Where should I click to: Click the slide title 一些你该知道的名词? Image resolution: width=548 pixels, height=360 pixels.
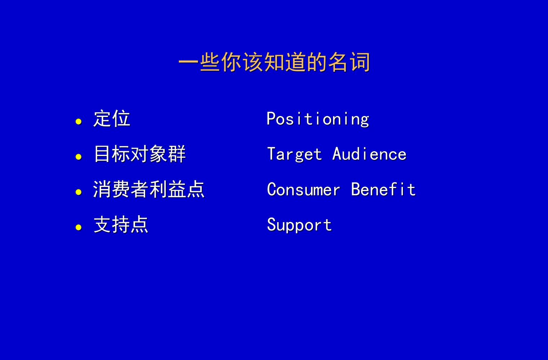pos(274,62)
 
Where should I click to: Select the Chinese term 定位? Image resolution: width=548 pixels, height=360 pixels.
pos(112,118)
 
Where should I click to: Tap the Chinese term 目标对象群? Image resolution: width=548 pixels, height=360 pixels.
pos(140,154)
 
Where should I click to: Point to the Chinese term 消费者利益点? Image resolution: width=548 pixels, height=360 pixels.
pos(149,189)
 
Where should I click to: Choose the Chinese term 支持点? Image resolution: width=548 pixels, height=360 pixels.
pos(121,224)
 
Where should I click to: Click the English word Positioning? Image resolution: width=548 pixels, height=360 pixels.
pos(318,119)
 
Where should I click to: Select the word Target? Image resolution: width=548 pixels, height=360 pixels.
pos(294,154)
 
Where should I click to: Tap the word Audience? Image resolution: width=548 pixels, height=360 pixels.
pos(369,154)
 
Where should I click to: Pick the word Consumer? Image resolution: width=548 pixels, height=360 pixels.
pos(303,190)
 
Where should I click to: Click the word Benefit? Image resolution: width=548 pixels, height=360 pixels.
pos(383,189)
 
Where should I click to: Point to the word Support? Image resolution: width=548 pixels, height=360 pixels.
pos(299,225)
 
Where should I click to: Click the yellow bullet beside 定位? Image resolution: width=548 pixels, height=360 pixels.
pos(78,122)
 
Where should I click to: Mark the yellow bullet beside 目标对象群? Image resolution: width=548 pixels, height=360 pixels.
pos(78,157)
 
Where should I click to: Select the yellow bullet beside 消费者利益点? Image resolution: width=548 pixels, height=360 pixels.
pos(78,192)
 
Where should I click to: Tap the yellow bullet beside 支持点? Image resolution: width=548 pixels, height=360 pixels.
pos(78,228)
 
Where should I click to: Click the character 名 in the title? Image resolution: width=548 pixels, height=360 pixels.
pos(338,62)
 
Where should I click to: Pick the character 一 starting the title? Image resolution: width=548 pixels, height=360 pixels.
pos(188,62)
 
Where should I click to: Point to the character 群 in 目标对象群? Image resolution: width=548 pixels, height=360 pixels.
pos(177,154)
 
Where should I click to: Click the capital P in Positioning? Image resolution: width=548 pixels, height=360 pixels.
pos(271,118)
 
